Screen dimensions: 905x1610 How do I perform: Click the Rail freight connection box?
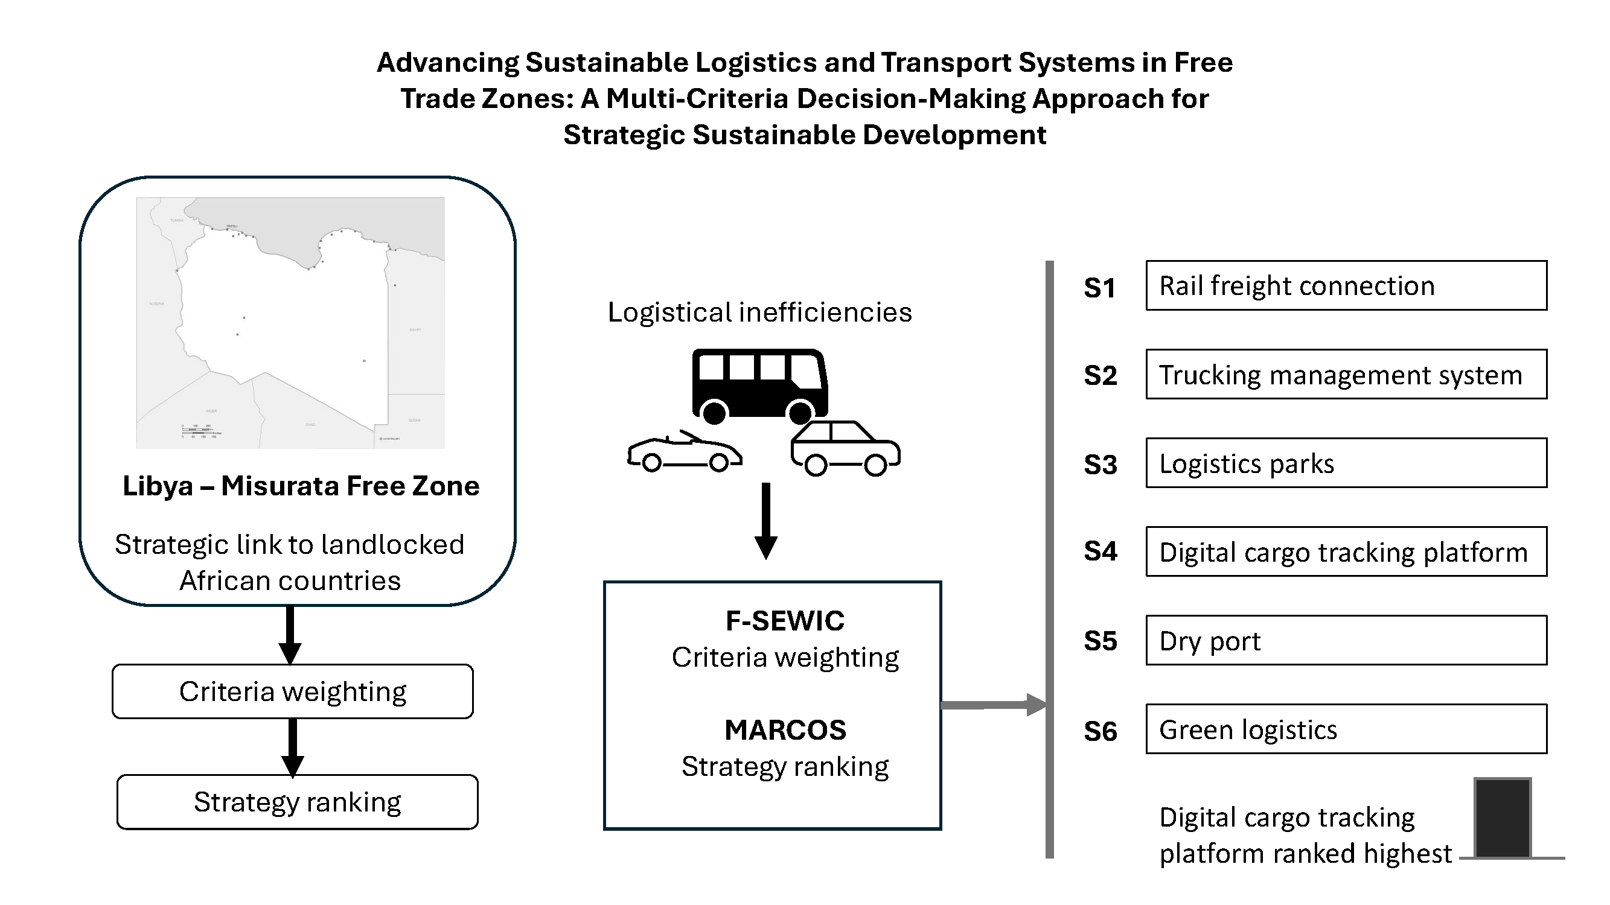(x=1346, y=285)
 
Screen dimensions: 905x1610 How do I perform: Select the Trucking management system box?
(x=1346, y=374)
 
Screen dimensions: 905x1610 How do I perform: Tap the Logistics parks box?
(x=1346, y=463)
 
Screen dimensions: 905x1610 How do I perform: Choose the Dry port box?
(x=1346, y=640)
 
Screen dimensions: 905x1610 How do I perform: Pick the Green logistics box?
(x=1346, y=729)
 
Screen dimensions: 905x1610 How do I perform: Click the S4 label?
(x=1100, y=551)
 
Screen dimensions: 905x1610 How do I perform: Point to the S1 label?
(x=1099, y=288)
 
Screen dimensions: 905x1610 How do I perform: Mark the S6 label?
(x=1100, y=731)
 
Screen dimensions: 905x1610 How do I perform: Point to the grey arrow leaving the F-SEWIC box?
(x=993, y=705)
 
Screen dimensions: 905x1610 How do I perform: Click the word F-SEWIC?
(x=784, y=621)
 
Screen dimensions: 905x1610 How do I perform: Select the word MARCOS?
(x=785, y=729)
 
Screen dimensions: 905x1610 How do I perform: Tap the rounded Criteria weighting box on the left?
(x=293, y=691)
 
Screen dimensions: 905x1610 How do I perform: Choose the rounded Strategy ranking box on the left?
(x=298, y=802)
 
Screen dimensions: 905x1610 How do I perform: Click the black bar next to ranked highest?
(x=1503, y=818)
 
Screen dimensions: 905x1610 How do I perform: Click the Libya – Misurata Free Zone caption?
(x=301, y=486)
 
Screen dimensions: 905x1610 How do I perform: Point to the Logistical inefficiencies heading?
(x=759, y=313)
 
